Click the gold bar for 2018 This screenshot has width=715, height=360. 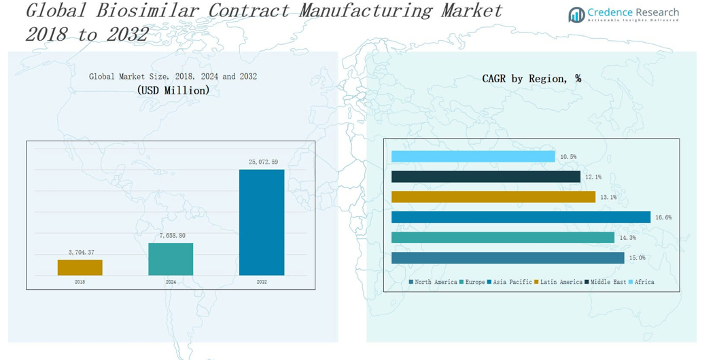click(x=80, y=268)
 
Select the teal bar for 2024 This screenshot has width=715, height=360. click(x=171, y=259)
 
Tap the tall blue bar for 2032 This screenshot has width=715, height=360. click(x=262, y=223)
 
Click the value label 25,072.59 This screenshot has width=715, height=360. click(x=263, y=162)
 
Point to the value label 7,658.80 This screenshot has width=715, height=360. click(x=172, y=236)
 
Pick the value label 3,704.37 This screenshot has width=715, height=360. click(x=81, y=253)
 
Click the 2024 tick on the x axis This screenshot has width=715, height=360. click(x=171, y=282)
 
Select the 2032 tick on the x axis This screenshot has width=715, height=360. click(x=262, y=282)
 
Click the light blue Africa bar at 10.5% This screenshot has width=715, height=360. click(x=473, y=157)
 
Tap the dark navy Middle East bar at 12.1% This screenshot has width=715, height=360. click(x=486, y=177)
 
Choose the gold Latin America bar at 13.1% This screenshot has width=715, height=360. click(x=493, y=197)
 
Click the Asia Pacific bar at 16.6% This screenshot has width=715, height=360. click(x=521, y=217)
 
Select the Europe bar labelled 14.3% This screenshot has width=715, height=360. click(x=503, y=238)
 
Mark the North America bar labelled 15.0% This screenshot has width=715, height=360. click(x=508, y=258)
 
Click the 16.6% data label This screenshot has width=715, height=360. click(x=663, y=218)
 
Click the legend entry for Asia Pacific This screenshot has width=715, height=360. click(x=510, y=282)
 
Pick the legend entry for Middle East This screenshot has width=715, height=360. click(x=606, y=282)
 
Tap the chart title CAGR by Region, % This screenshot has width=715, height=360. click(x=531, y=79)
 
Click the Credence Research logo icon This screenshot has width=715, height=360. click(x=576, y=14)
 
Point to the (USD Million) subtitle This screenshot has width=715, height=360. click(x=173, y=90)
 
